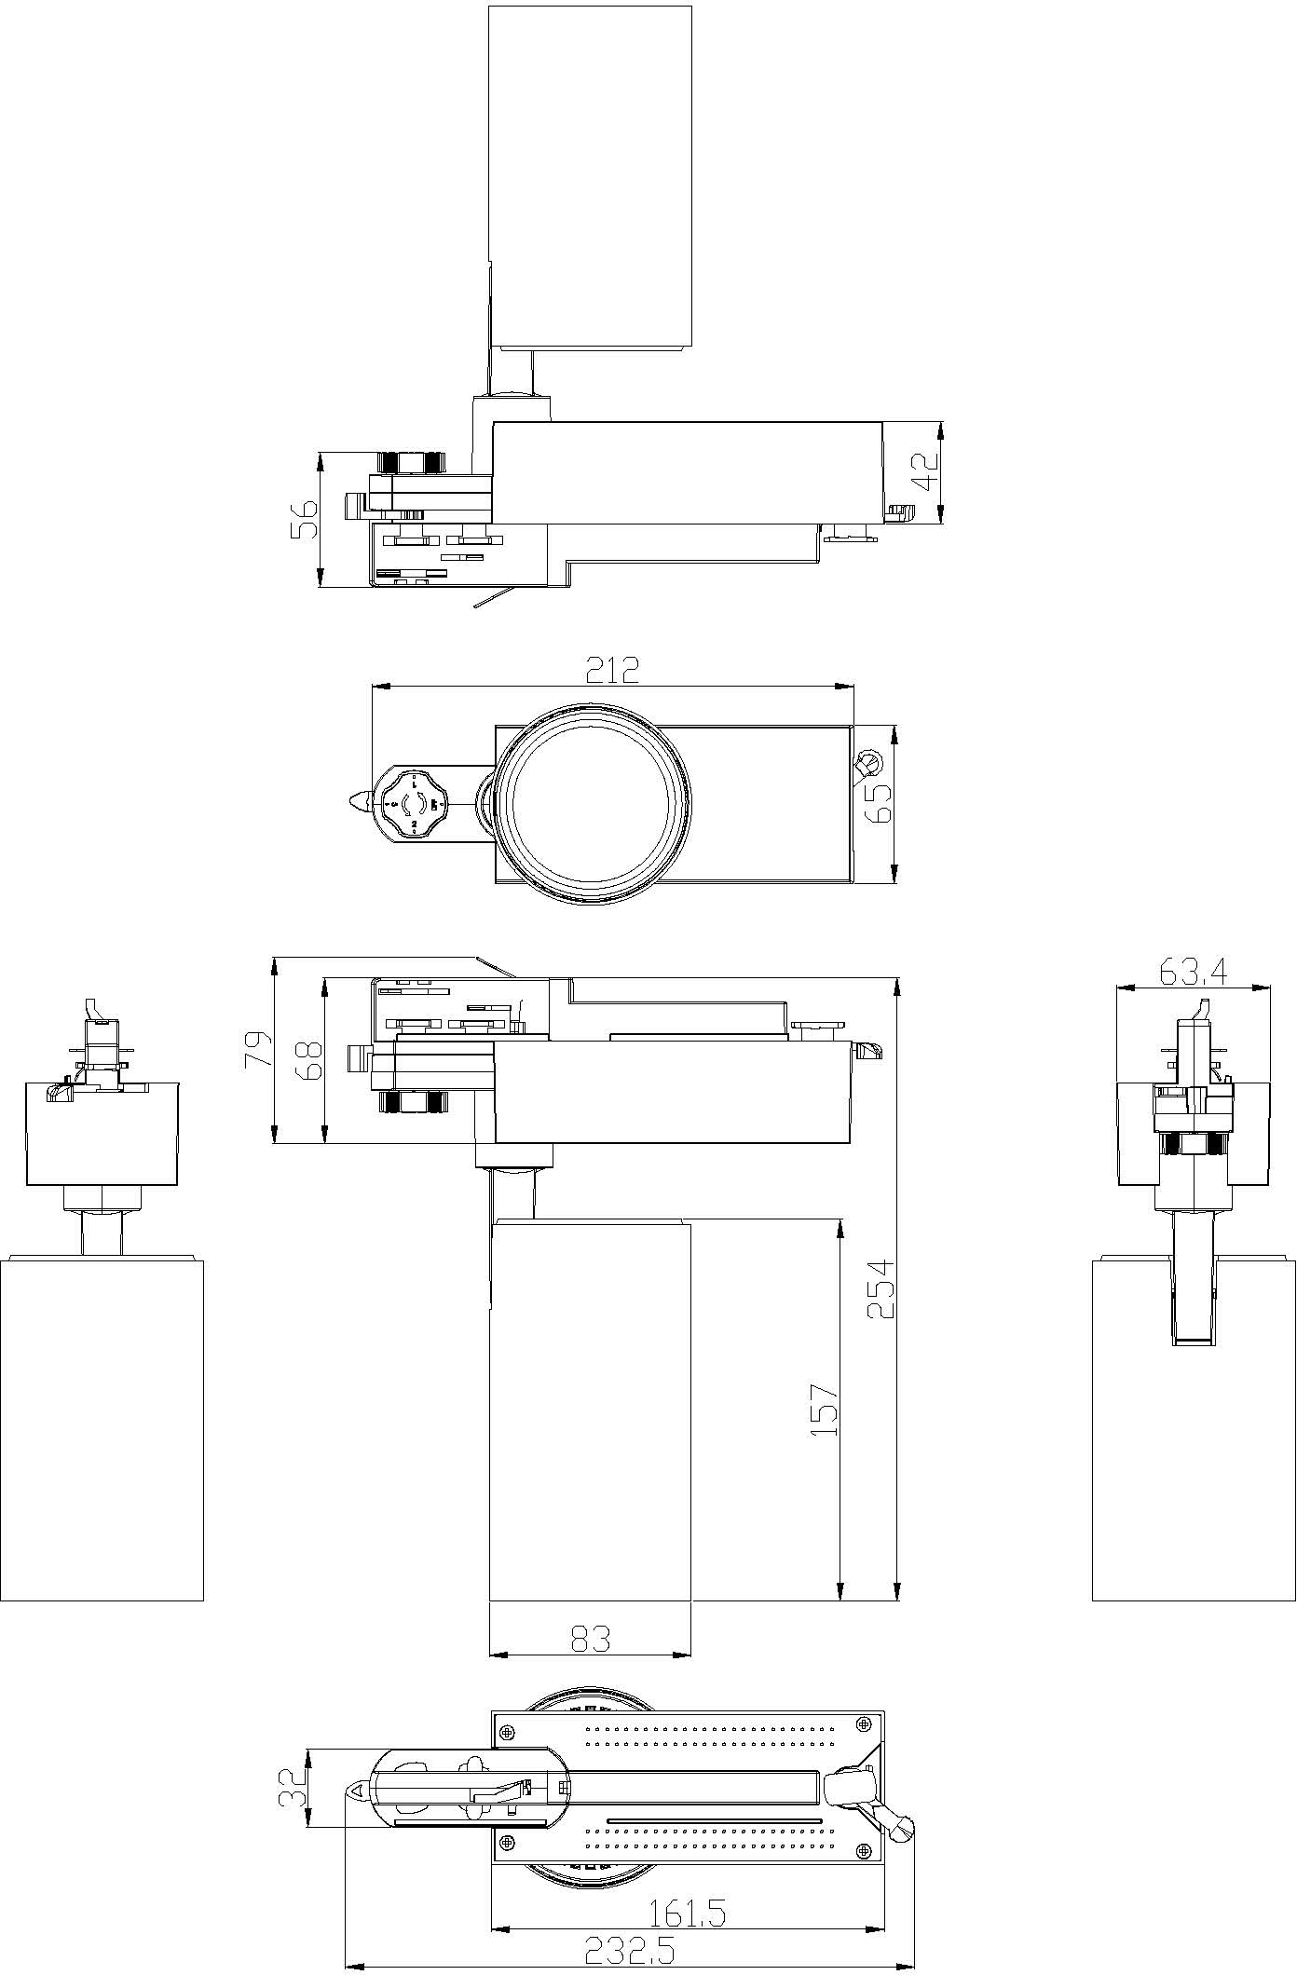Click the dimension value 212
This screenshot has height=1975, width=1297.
point(612,670)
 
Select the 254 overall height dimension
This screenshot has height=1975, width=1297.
point(881,1288)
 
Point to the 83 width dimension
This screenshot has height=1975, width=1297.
point(589,1639)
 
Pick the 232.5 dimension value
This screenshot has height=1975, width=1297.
point(629,1942)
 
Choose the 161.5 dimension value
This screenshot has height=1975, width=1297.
point(687,1907)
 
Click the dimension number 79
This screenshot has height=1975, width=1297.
point(259,1049)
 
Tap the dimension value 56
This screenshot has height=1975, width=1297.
point(304,520)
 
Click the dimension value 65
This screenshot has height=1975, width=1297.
point(878,801)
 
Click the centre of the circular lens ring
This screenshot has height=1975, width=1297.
point(593,802)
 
